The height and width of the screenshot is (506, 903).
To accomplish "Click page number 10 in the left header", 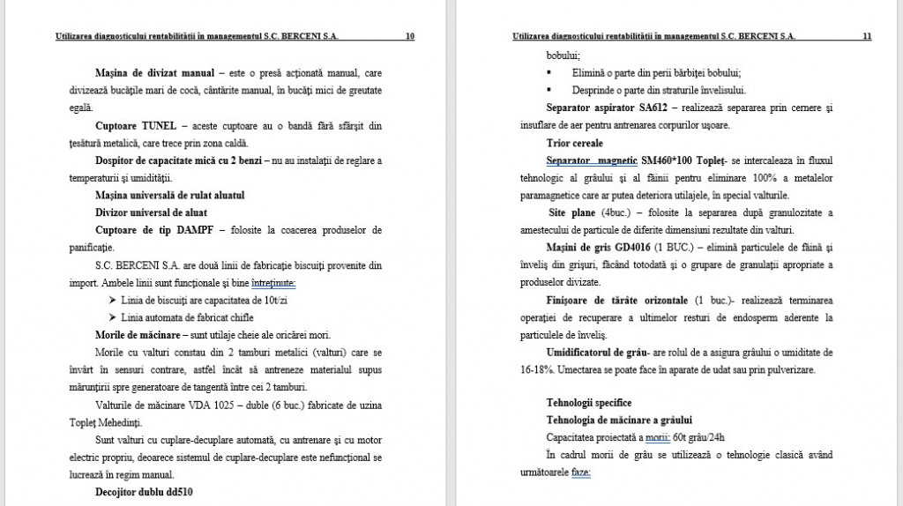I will click(x=409, y=37).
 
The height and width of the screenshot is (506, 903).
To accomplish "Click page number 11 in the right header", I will click(x=867, y=37).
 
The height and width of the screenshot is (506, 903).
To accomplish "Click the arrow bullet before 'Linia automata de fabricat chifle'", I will click(x=112, y=317).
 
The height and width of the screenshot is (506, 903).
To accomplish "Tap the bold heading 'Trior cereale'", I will click(x=575, y=143).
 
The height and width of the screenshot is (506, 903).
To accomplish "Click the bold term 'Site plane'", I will click(x=574, y=212).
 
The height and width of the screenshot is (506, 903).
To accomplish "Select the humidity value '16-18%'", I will click(x=529, y=369).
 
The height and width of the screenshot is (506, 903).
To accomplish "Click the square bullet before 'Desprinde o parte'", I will click(x=550, y=90).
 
